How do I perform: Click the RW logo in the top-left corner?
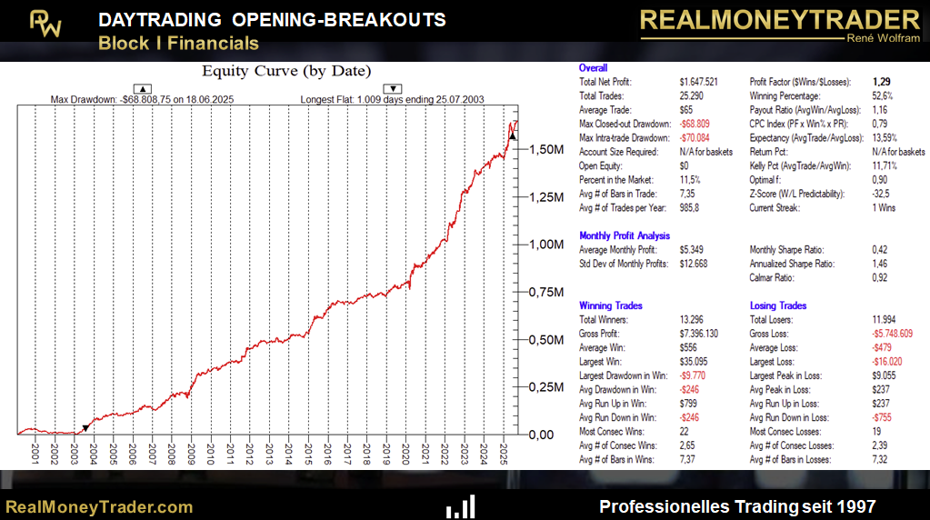click(x=45, y=24)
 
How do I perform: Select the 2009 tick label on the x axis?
click(x=191, y=451)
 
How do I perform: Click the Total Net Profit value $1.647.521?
click(x=698, y=82)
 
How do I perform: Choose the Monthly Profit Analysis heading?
click(x=624, y=236)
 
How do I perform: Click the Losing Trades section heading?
click(x=778, y=306)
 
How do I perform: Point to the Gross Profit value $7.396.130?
click(x=698, y=334)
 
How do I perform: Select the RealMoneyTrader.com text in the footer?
click(x=100, y=506)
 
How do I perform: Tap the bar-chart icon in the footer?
click(x=461, y=506)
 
